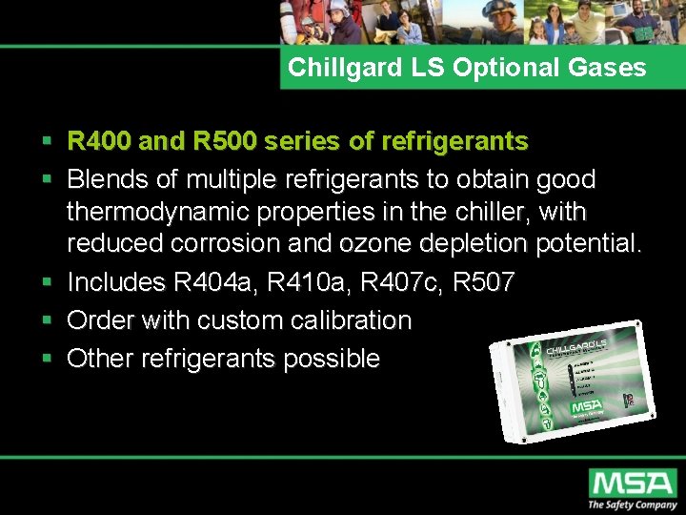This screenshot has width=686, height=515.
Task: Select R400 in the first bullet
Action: point(99,142)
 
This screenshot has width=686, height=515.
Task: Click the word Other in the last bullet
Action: point(100,359)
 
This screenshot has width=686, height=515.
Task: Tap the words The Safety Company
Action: point(632,505)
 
